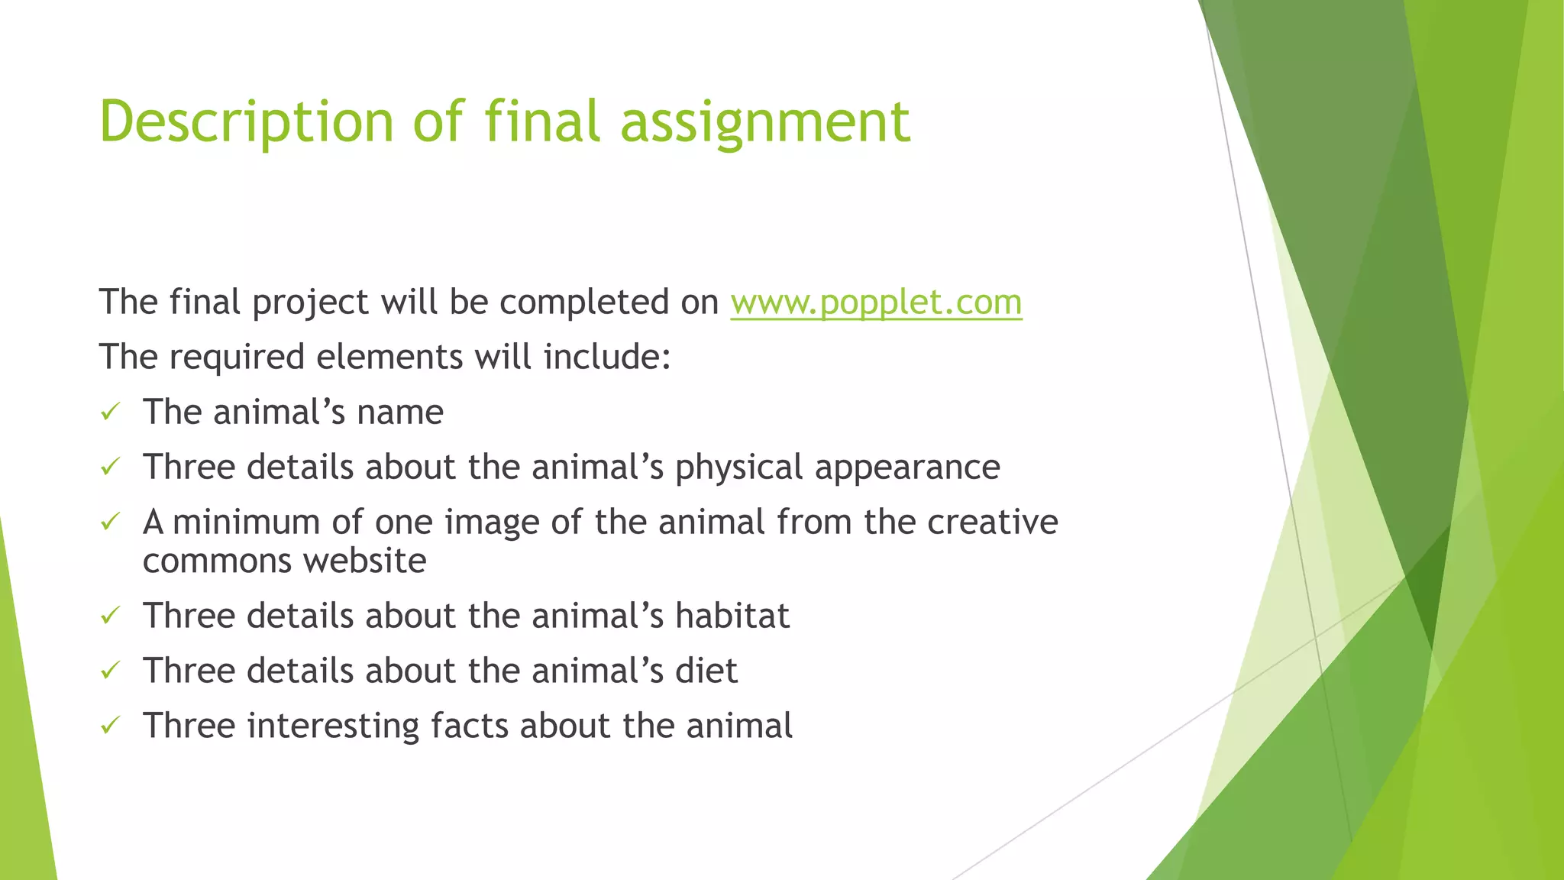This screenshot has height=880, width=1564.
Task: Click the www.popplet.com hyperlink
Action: pos(876,302)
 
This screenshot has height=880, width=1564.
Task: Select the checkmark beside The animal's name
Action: pos(111,412)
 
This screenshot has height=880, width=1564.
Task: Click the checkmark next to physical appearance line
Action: pos(111,467)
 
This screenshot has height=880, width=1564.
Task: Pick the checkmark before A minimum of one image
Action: pos(111,522)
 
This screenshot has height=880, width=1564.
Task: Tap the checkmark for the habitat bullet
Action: pos(111,616)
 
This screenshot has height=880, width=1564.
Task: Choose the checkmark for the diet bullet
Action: pos(111,671)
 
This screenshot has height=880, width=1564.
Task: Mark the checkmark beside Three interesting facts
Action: pos(111,726)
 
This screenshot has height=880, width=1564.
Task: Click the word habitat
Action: pos(732,616)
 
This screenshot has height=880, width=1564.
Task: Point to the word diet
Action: pos(706,671)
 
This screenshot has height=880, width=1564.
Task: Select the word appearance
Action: pos(907,467)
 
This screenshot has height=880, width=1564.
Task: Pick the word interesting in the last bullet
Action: pos(333,726)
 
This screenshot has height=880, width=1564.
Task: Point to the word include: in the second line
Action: pos(607,357)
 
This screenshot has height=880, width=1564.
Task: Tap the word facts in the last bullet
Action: pos(469,726)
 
